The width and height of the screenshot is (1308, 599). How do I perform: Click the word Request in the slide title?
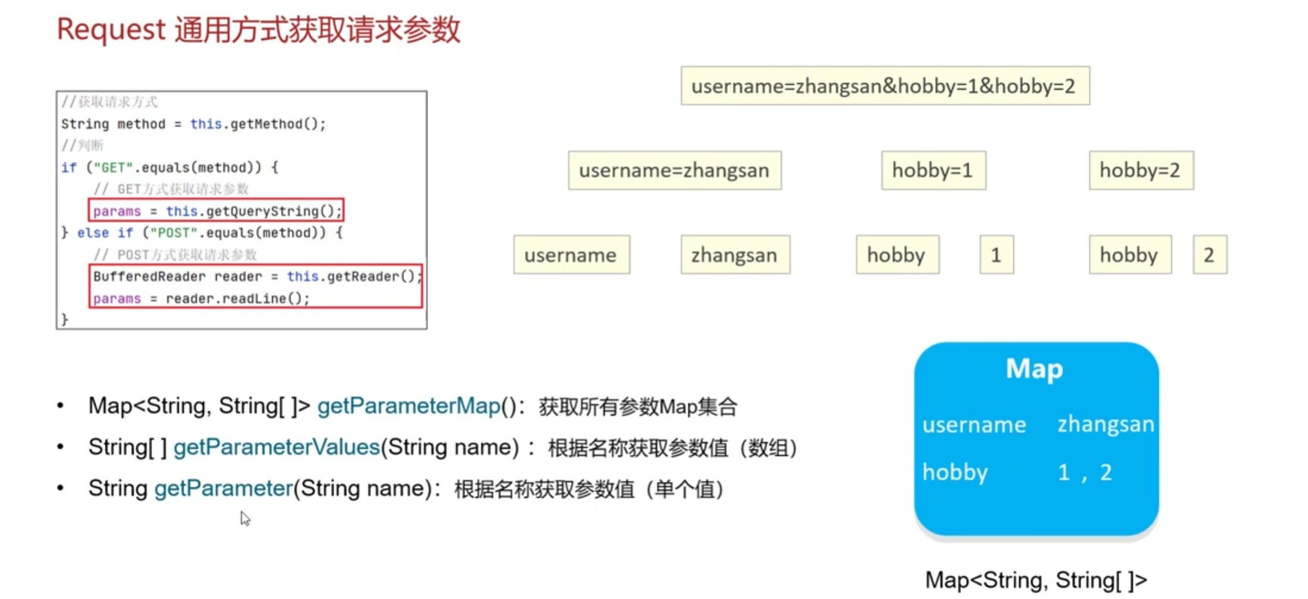point(111,30)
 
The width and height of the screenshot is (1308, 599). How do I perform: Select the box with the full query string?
point(885,86)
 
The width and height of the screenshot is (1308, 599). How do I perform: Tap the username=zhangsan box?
point(674,171)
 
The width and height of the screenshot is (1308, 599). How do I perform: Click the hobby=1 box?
point(933,171)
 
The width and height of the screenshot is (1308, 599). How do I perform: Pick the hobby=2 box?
point(1140,171)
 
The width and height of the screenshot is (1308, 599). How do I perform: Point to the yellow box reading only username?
point(571,255)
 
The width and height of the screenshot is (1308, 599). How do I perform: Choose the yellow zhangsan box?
point(735,255)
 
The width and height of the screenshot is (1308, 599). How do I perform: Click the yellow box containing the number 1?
point(996,255)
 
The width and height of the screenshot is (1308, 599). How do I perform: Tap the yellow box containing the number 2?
point(1209,255)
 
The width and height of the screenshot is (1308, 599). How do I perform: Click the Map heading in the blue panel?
point(1035,368)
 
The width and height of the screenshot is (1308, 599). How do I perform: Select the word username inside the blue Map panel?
point(974,425)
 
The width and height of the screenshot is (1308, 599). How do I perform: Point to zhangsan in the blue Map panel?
point(1105,424)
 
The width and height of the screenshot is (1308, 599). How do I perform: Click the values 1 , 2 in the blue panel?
point(1084,472)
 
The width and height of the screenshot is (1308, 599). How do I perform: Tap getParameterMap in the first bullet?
point(409,406)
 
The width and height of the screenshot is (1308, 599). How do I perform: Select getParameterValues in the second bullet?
point(276,447)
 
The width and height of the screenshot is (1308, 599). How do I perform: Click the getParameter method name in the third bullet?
point(224,488)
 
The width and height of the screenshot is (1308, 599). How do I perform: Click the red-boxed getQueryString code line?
point(216,211)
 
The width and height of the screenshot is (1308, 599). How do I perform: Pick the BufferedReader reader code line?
point(256,276)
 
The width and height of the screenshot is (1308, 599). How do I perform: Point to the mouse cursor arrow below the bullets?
point(245,518)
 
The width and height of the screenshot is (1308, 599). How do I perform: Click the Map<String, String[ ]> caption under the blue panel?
point(1036,580)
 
